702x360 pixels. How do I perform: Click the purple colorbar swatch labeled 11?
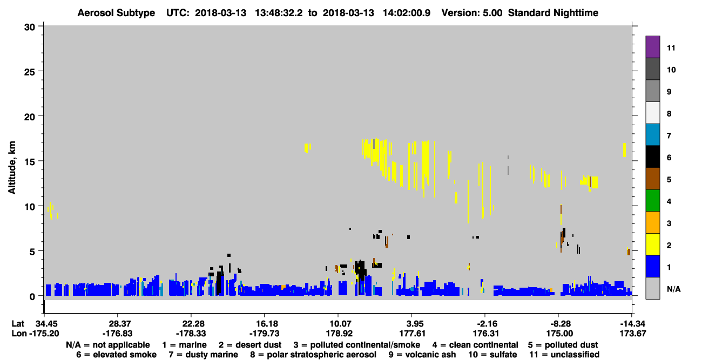652,46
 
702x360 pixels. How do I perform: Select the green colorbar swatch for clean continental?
652,201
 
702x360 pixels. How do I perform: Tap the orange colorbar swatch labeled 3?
652,222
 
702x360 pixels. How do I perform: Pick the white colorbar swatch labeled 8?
652,113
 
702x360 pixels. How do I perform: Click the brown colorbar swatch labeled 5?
652,179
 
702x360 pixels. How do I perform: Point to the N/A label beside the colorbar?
673,289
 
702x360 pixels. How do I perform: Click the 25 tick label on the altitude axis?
30,72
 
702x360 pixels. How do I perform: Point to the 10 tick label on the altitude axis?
30,207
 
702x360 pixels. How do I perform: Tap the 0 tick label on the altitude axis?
32,296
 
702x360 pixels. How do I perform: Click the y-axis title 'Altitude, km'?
11,168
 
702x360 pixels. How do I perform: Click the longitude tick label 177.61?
411,333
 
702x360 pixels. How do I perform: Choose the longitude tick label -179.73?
264,333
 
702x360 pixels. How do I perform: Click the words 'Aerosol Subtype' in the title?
116,13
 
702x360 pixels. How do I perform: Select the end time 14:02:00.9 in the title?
407,13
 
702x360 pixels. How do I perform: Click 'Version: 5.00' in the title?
471,13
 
